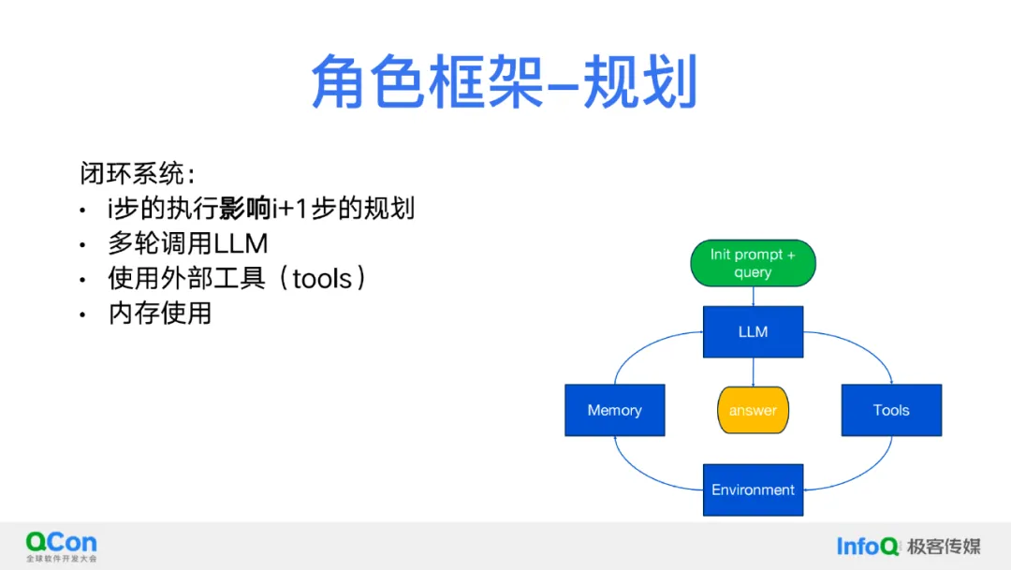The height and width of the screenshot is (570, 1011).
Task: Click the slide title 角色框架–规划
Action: pos(505,81)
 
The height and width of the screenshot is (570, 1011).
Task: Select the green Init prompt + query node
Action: pos(753,263)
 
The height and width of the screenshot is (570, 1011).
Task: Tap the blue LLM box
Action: pos(753,331)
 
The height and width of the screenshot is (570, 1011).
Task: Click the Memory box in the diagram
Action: pos(614,410)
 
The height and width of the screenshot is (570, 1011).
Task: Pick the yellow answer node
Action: pos(753,410)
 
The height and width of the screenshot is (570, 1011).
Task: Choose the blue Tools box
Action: pos(891,410)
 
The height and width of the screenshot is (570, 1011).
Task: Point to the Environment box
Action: pos(753,490)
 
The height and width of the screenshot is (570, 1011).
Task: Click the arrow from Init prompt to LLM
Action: pos(753,296)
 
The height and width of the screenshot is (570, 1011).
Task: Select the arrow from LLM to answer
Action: pos(753,372)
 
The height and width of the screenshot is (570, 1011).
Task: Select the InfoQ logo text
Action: pos(867,546)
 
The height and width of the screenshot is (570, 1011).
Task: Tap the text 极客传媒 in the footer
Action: pos(944,546)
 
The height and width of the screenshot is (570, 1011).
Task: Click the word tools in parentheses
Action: pos(322,278)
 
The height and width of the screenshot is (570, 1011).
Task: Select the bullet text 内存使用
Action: pos(160,313)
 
